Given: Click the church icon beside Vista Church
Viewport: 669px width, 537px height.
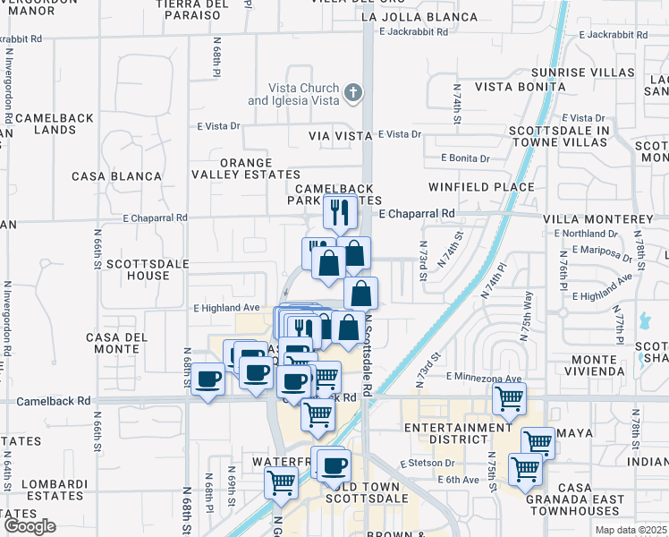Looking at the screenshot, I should pos(353,92).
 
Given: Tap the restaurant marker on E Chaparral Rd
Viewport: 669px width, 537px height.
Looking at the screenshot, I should pos(340,211).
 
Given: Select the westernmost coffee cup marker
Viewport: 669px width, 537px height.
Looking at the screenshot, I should pos(208,379).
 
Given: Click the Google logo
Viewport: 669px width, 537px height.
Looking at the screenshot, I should pos(30,526).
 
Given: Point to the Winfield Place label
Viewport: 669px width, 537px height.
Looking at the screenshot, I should pos(481,187).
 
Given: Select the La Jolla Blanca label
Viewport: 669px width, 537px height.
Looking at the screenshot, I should pos(419,17).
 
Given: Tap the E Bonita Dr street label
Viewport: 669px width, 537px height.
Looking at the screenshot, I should pos(465,158).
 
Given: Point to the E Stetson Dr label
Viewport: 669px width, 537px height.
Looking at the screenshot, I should pos(428,464).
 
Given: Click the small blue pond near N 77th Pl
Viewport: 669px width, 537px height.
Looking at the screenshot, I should pos(643,321).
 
